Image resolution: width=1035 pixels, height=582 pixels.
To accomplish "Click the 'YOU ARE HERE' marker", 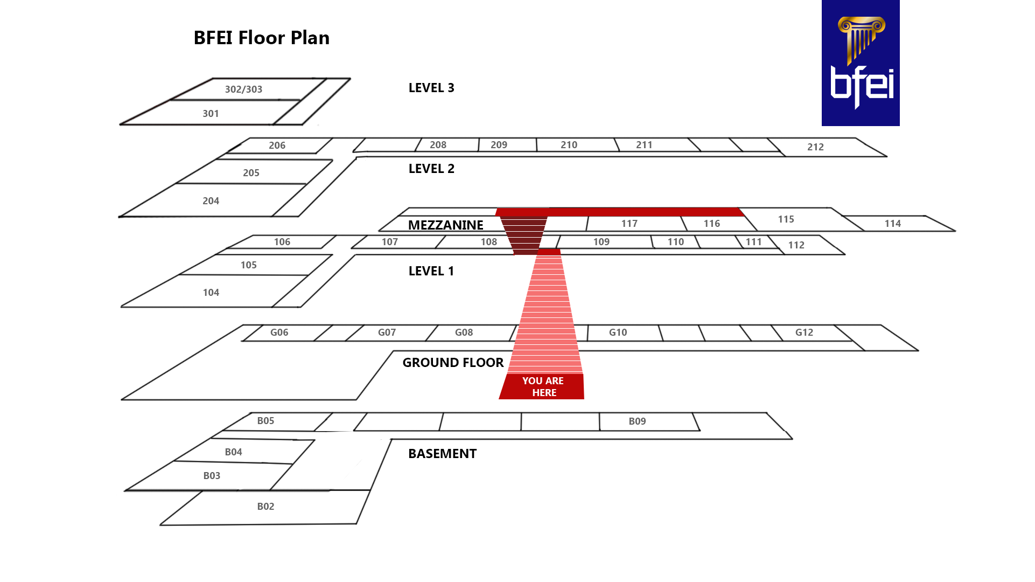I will [542, 386].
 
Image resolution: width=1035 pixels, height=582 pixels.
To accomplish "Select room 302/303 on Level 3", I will [243, 89].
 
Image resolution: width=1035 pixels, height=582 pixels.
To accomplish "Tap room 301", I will [211, 114].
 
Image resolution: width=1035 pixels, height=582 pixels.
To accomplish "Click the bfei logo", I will [860, 63].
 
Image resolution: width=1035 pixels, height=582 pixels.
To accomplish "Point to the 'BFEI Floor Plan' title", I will [261, 38].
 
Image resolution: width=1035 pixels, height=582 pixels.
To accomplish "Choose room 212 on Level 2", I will [815, 147].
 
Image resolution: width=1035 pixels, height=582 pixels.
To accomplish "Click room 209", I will [499, 145].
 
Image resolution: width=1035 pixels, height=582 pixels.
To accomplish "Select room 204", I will [211, 201].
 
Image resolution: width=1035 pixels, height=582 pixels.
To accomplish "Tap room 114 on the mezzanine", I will [892, 224].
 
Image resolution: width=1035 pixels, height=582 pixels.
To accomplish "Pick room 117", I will [629, 224].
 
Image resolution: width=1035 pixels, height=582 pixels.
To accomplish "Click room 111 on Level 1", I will [753, 242].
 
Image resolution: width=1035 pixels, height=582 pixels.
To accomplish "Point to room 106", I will [282, 242].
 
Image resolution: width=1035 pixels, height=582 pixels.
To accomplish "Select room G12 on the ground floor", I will [804, 332].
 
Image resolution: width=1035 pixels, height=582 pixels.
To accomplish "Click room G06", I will [279, 332].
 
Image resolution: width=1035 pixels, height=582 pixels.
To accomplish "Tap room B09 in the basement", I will [637, 421].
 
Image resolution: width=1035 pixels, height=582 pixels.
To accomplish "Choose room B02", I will [265, 507].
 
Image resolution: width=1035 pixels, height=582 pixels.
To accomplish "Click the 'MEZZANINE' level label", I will [445, 225].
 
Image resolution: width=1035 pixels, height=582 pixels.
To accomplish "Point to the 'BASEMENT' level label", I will [442, 454].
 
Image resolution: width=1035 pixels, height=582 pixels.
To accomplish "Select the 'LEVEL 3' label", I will [431, 88].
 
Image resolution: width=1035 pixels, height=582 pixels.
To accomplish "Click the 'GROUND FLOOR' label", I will [453, 363].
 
